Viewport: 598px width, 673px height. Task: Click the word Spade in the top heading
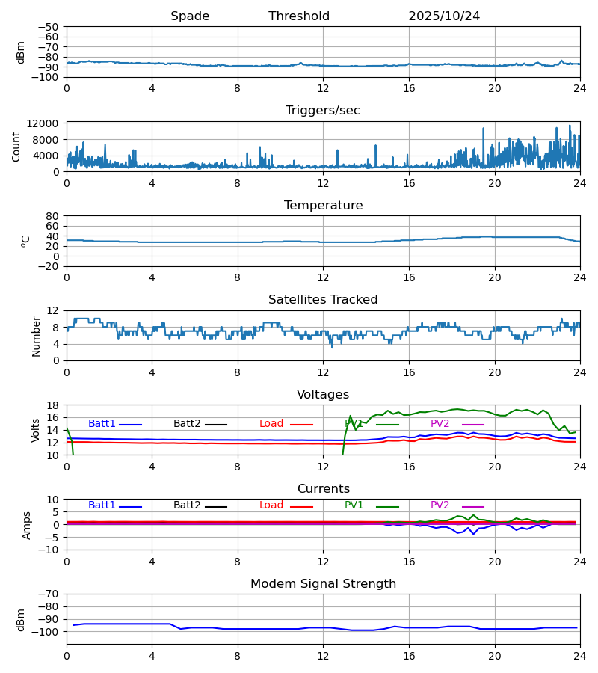pyautogui.click(x=190, y=16)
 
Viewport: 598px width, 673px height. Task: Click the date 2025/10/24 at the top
pyautogui.click(x=444, y=16)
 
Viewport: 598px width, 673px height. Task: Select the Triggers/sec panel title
pyautogui.click(x=323, y=111)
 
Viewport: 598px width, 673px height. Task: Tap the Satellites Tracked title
pyautogui.click(x=323, y=300)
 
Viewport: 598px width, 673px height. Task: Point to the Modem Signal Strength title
pyautogui.click(x=323, y=584)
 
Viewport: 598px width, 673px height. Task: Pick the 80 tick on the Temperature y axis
pyautogui.click(x=52, y=216)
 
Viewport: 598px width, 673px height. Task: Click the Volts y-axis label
pyautogui.click(x=36, y=430)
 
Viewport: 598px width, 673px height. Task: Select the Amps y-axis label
pyautogui.click(x=28, y=525)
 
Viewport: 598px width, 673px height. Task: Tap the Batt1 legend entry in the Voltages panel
pyautogui.click(x=102, y=424)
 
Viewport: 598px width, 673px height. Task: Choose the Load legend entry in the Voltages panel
pyautogui.click(x=271, y=424)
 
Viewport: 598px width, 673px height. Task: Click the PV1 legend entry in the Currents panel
pyautogui.click(x=354, y=505)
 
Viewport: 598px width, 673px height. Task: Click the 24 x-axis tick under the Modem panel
pyautogui.click(x=579, y=655)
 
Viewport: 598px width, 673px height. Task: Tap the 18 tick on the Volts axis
pyautogui.click(x=52, y=405)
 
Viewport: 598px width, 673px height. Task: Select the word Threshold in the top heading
pyautogui.click(x=299, y=16)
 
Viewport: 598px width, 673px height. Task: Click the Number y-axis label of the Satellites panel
pyautogui.click(x=36, y=336)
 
